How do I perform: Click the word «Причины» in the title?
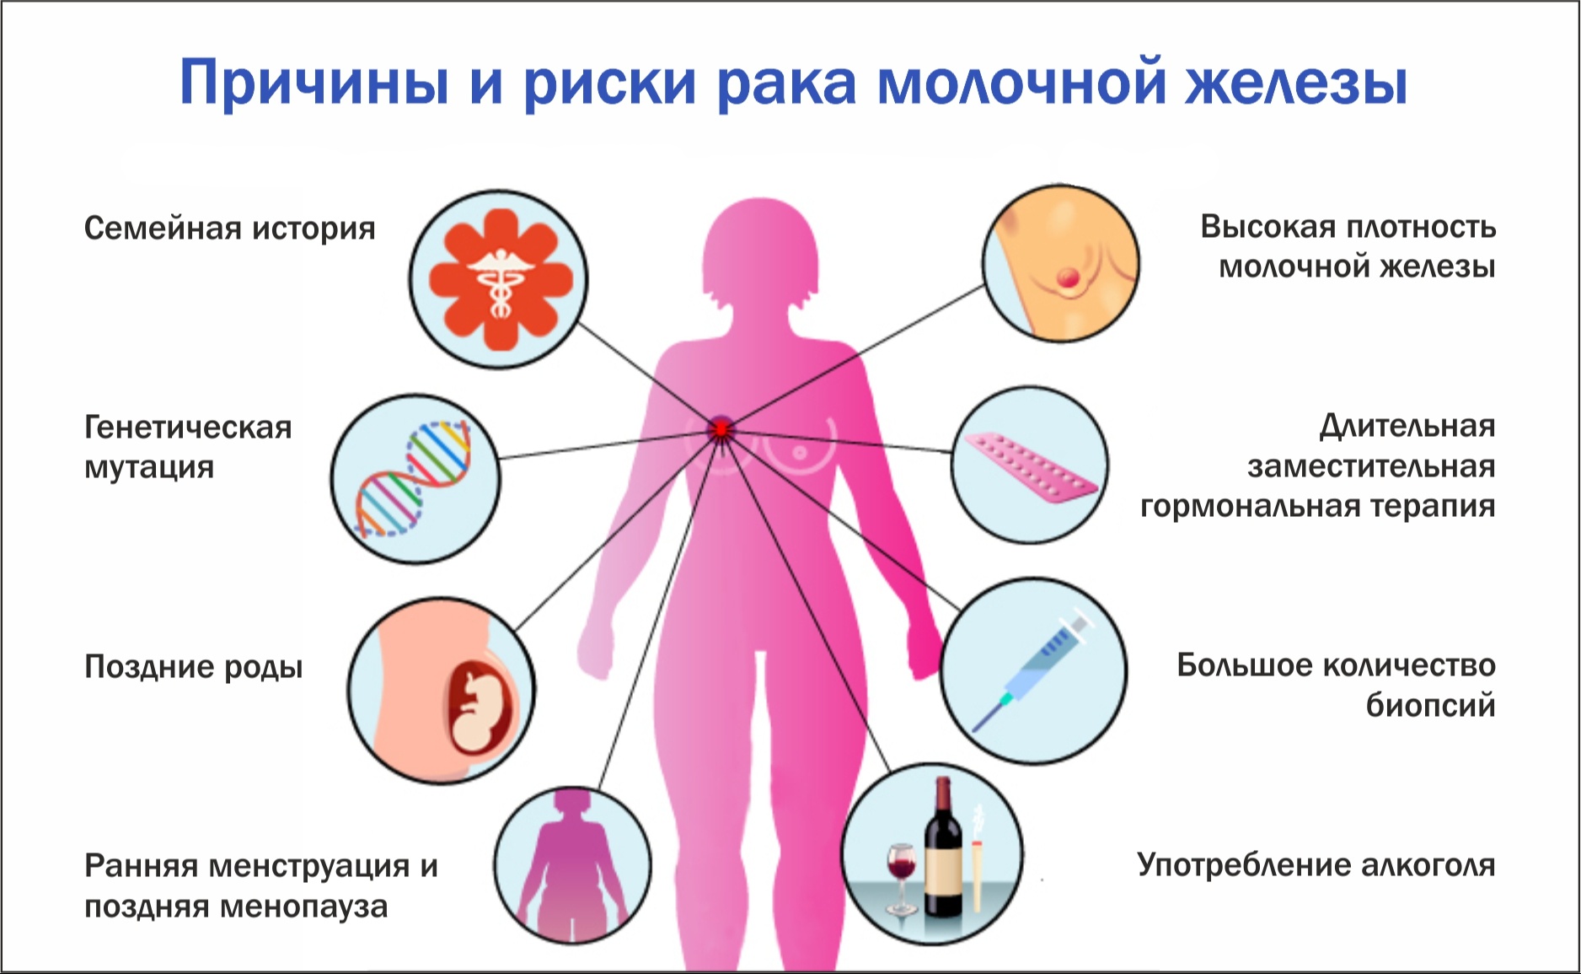click(314, 83)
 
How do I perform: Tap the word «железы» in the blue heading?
click(1296, 83)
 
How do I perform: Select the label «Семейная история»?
click(229, 229)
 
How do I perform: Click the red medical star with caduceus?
click(501, 279)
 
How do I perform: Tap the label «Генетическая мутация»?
click(188, 447)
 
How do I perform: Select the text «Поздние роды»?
click(193, 666)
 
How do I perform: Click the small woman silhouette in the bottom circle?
click(572, 864)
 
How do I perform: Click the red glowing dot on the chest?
click(721, 429)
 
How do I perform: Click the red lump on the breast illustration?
click(1068, 277)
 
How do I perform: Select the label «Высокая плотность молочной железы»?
click(1348, 246)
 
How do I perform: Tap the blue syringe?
click(1033, 672)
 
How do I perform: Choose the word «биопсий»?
click(1431, 705)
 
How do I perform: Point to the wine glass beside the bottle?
click(901, 878)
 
